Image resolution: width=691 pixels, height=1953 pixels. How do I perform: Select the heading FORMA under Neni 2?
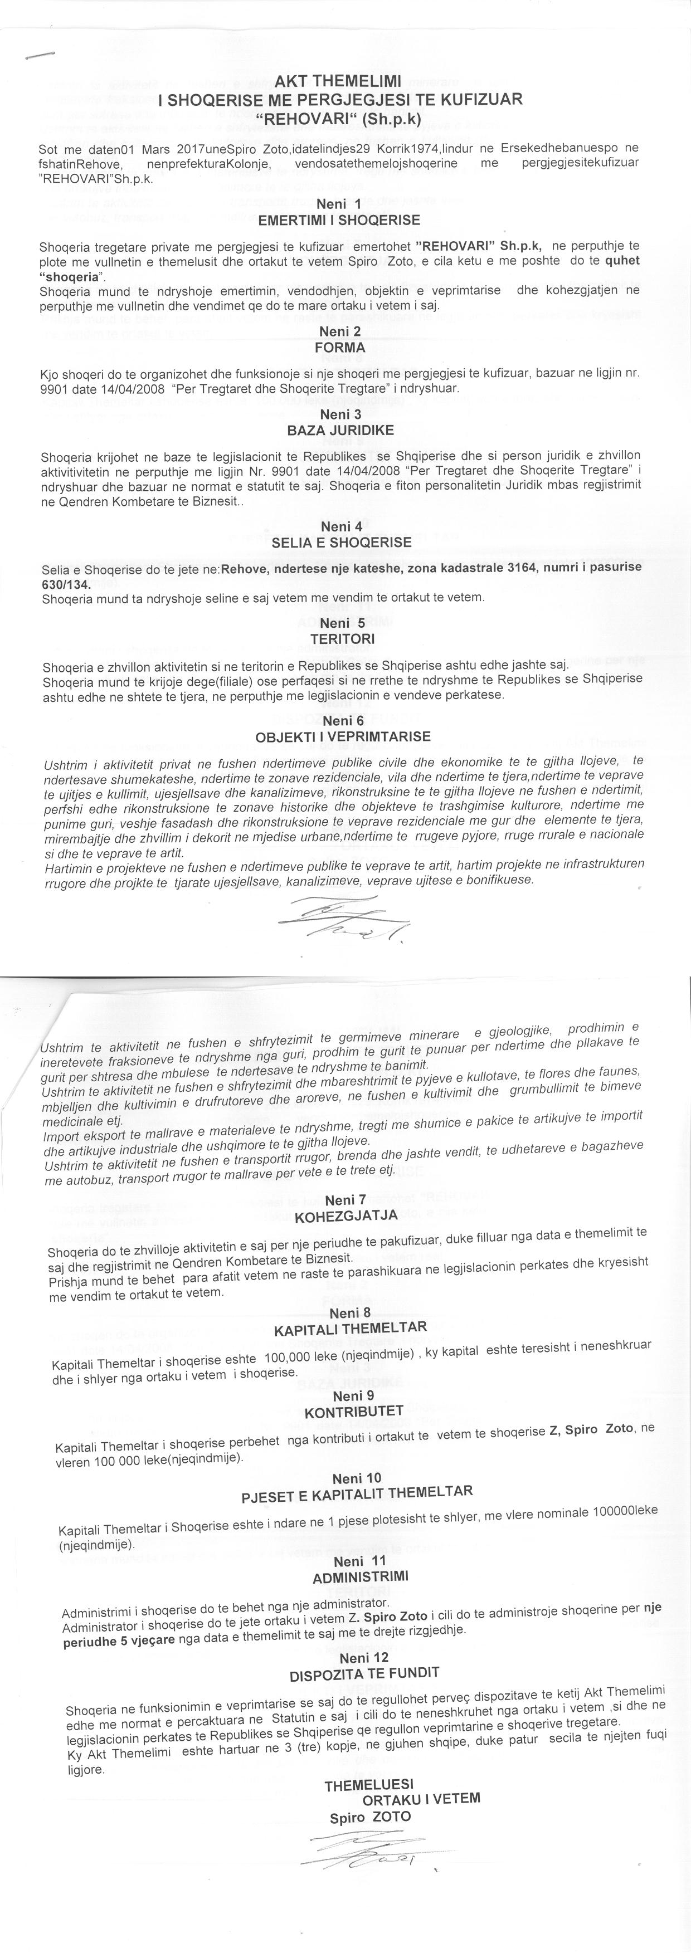coord(340,347)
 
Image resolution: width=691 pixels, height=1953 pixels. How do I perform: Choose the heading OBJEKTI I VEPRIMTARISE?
coord(343,736)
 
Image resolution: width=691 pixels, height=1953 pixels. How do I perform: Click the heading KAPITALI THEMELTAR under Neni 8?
coord(351,1329)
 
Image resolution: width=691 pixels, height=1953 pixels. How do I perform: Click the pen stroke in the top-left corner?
coord(40,55)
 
